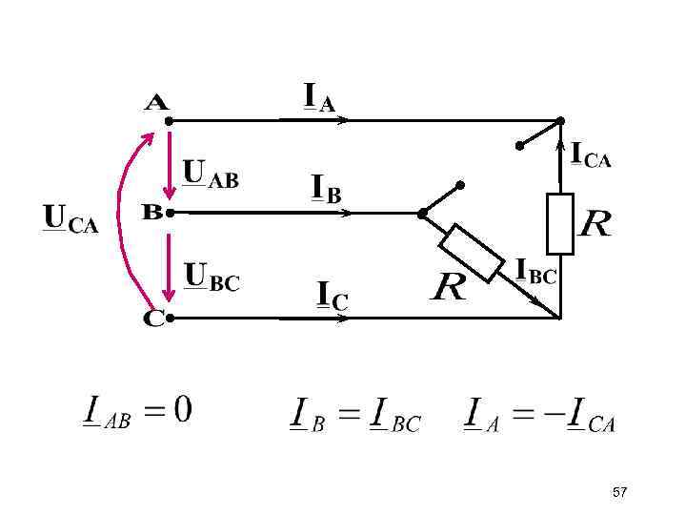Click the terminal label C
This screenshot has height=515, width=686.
[x=153, y=317]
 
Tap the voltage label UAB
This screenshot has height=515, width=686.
[x=211, y=175]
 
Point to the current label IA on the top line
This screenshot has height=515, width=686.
[x=319, y=98]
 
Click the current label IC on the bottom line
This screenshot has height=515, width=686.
[x=332, y=297]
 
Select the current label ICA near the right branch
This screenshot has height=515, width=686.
[x=591, y=155]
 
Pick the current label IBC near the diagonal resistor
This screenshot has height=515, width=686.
[x=535, y=271]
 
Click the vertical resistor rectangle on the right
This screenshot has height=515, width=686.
[x=560, y=223]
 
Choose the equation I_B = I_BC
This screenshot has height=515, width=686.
[x=353, y=416]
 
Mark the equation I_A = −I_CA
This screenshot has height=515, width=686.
[x=539, y=416]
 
